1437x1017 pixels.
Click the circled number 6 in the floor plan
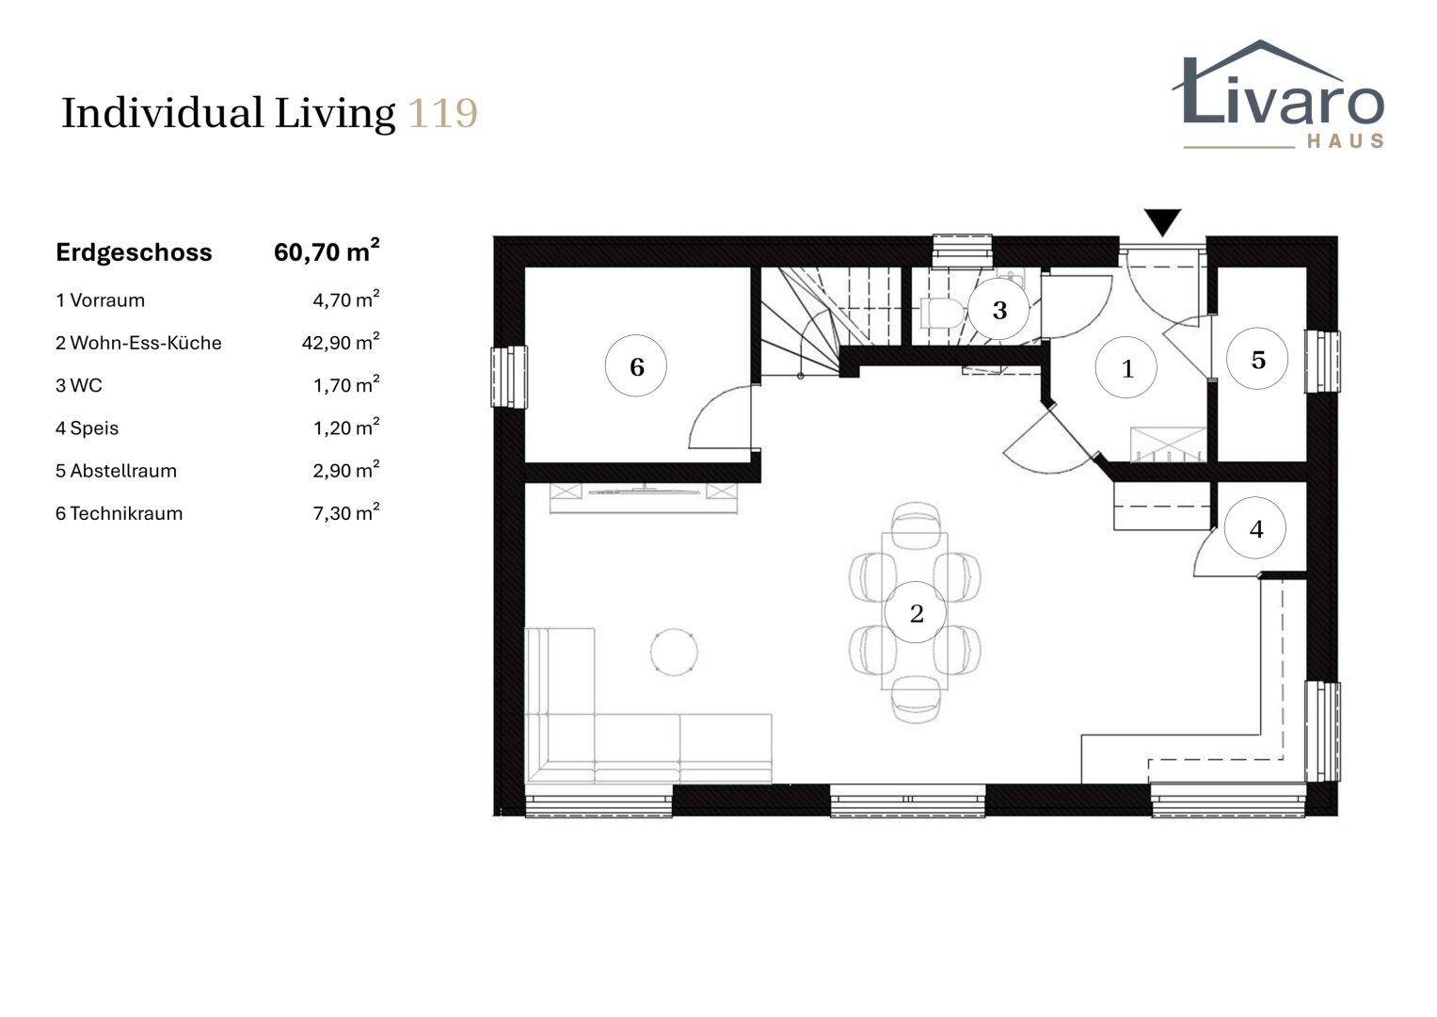tap(636, 365)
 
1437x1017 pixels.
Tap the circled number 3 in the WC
tap(998, 310)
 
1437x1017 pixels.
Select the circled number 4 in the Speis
tap(1254, 528)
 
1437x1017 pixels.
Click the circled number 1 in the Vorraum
tap(1126, 368)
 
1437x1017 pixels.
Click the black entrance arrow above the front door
tap(1162, 222)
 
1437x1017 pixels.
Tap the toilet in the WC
tap(942, 313)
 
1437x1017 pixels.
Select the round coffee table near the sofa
tap(674, 652)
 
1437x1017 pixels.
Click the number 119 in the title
tap(442, 114)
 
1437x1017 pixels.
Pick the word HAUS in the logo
tap(1346, 140)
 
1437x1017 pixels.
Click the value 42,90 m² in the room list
tap(341, 341)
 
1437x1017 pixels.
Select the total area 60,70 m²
tap(327, 251)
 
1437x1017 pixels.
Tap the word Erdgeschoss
tap(134, 252)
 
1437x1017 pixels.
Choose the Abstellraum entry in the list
tap(116, 471)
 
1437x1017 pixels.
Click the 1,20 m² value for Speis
tap(346, 427)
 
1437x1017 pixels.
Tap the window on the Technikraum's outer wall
tap(509, 377)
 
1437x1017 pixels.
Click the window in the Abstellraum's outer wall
tap(1323, 361)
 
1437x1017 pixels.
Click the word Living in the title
tap(335, 114)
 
